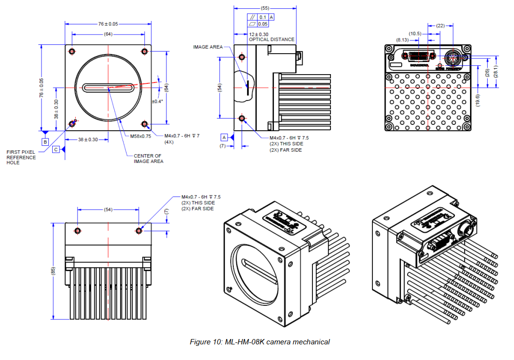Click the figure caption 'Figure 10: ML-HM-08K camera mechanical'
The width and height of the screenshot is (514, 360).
(259, 342)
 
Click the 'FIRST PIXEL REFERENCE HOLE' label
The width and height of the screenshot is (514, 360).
(21, 157)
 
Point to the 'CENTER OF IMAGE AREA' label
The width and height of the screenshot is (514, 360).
(148, 159)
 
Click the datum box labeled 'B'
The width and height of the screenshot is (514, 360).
(45, 141)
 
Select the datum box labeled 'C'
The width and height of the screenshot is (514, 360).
(56, 150)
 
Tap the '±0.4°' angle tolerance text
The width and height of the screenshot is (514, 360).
(157, 101)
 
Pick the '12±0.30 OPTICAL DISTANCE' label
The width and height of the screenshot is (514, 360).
(271, 37)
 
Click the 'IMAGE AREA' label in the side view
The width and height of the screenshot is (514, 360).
(207, 47)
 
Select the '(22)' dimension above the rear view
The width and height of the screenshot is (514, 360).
(440, 25)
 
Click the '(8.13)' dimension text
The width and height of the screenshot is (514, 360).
(403, 40)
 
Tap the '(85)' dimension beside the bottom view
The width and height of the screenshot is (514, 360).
(53, 271)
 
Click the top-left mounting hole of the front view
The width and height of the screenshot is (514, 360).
(72, 52)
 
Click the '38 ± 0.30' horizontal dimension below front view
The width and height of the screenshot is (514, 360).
(88, 140)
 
